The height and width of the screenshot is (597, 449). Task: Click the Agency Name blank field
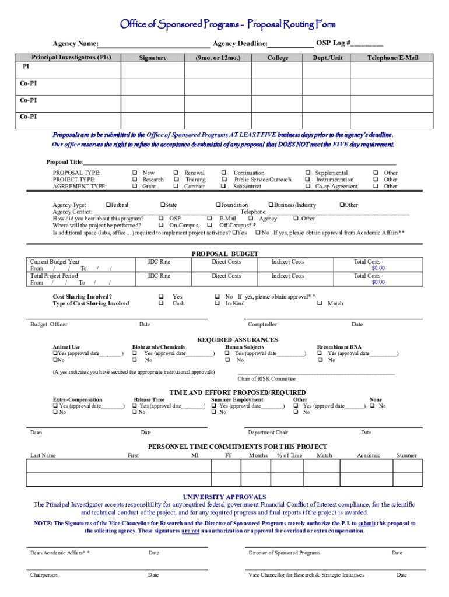tap(154, 44)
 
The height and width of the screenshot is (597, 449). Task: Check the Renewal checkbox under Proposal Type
tap(176, 173)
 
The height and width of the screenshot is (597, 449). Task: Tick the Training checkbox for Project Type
tap(176, 180)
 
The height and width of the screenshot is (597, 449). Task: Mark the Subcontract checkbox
tap(224, 187)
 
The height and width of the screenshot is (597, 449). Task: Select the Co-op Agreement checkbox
tap(307, 187)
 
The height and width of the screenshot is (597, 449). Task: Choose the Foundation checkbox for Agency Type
tap(217, 205)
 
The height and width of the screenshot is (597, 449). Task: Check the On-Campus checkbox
tap(160, 225)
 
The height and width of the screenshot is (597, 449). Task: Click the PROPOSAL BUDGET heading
tap(224, 254)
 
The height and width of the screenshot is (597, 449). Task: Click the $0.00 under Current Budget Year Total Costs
tap(378, 268)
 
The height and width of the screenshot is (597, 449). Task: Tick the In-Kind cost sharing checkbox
tap(217, 303)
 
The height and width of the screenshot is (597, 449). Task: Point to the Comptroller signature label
tap(262, 324)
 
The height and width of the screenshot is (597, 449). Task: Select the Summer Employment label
tap(237, 399)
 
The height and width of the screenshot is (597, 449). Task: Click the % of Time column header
tap(289, 455)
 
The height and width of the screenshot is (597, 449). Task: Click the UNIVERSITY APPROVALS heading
tap(224, 497)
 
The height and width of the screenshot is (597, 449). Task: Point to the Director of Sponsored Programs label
tap(284, 553)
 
